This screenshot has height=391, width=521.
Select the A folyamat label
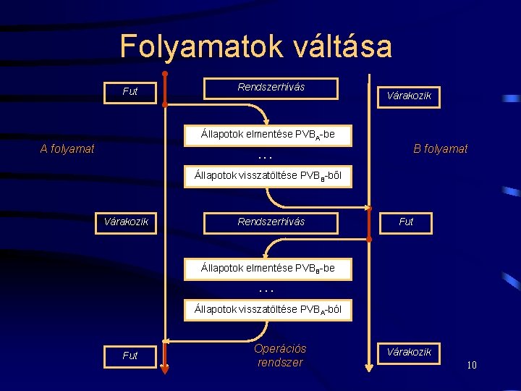[x=67, y=149]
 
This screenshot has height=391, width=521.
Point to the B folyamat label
[x=440, y=148]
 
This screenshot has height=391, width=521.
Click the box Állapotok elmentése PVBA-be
[x=268, y=134]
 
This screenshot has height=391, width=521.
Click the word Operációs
[x=280, y=348]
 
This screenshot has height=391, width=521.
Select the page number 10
[x=471, y=365]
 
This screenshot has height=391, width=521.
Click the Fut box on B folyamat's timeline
[x=405, y=222]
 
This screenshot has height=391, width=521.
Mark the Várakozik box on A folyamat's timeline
[x=127, y=222]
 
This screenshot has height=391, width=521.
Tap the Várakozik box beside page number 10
[x=410, y=353]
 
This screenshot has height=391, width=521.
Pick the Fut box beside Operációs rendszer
[x=130, y=356]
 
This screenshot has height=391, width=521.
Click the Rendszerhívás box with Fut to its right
[x=271, y=222]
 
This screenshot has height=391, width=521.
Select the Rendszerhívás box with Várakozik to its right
[x=271, y=88]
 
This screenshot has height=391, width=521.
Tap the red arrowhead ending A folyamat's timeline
[x=164, y=368]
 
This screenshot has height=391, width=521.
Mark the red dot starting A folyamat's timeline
[x=165, y=74]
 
